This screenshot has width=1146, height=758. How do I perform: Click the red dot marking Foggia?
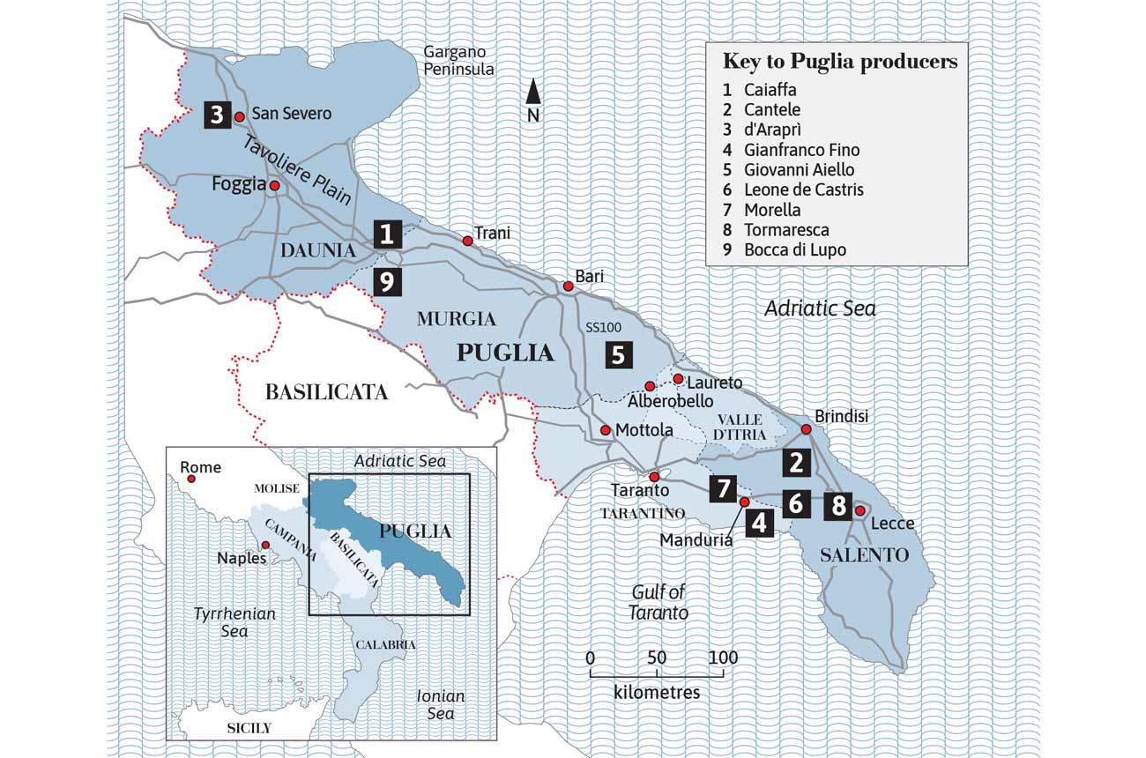point(275,186)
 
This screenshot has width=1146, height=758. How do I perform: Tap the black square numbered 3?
point(217,115)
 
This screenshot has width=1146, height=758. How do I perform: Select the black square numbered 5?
point(618,355)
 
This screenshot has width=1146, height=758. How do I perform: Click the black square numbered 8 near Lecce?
point(838,506)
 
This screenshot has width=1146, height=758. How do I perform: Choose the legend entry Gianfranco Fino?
point(801,150)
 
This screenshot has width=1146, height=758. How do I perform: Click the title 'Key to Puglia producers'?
point(839,62)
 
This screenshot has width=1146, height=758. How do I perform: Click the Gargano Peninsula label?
point(458,61)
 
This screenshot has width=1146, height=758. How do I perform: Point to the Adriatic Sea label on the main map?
point(820,308)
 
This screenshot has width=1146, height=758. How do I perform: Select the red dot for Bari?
point(569,286)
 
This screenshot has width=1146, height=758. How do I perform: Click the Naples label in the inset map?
point(237,559)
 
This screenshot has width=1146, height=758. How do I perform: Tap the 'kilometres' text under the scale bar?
point(657,692)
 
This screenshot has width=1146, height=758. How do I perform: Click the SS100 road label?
point(603,327)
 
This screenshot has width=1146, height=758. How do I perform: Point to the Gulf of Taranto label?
point(659,602)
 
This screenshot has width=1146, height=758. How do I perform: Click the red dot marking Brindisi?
point(806,429)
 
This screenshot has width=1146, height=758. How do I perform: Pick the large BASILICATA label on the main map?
point(326,392)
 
